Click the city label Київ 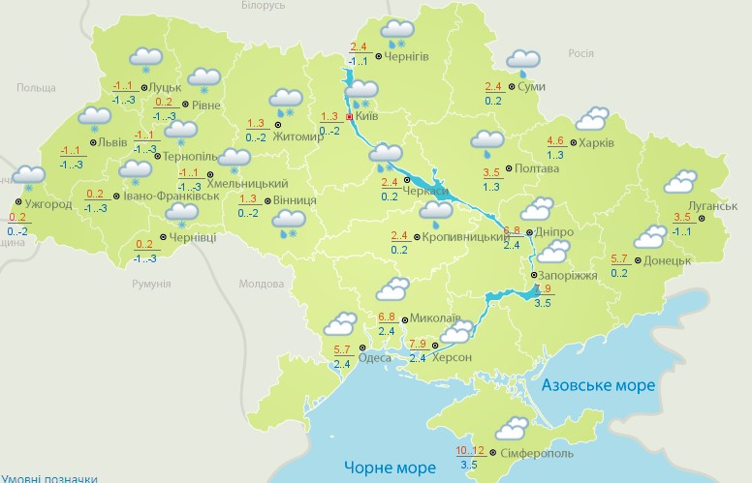(367, 116)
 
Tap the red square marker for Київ (350, 116)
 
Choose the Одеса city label (375, 357)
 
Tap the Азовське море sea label (597, 385)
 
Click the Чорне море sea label (388, 468)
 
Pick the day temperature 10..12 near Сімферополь (469, 451)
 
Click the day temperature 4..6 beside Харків (555, 140)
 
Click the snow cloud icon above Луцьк (146, 59)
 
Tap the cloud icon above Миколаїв (392, 289)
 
